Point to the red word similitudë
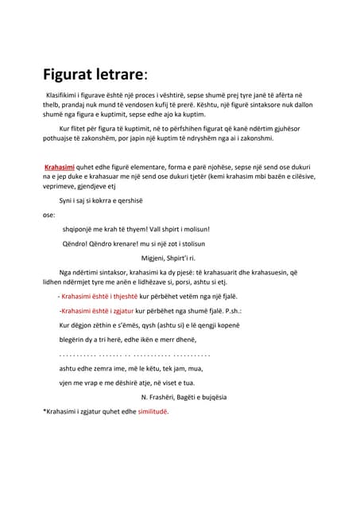[x=149, y=412]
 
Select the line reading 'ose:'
[x=48, y=215]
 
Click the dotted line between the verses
[x=134, y=352]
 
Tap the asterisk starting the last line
[x=44, y=412]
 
